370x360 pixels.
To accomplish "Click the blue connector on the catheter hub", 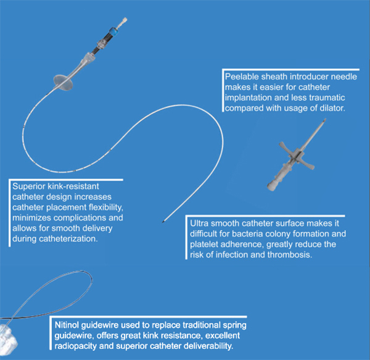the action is point(113,31).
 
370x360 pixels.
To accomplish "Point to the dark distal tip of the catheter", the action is point(163,222).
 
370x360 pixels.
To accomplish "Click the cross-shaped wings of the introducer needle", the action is point(297,155).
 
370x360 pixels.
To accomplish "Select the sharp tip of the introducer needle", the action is point(325,120).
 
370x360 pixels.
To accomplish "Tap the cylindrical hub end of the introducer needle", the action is point(273,185).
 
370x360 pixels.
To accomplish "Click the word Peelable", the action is point(241,77).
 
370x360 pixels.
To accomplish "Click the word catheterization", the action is point(68,238).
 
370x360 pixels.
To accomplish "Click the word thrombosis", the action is point(290,254).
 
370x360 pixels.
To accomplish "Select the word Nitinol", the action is point(67,325).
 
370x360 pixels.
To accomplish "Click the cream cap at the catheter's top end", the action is point(124,21).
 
